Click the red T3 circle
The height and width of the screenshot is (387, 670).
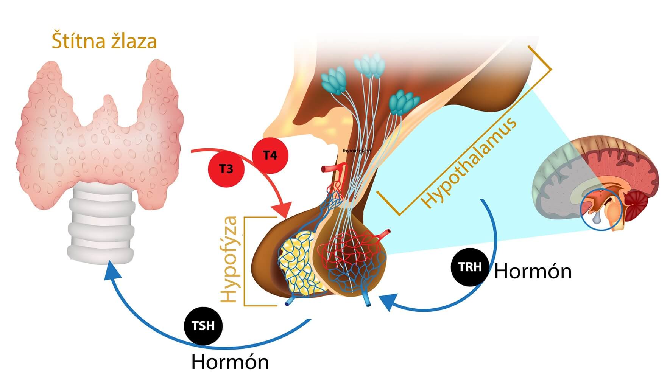pos(226,169)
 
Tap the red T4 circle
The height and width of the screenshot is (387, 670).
pos(270,155)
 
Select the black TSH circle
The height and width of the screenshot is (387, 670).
pos(203,326)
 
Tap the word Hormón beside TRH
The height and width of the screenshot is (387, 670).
pos(533,272)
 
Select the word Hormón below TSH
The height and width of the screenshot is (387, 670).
pos(230,362)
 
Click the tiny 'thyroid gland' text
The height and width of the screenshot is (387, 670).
pos(357,151)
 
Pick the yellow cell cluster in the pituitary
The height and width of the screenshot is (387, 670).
pos(297,261)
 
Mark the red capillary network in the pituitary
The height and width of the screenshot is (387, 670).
pos(350,250)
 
